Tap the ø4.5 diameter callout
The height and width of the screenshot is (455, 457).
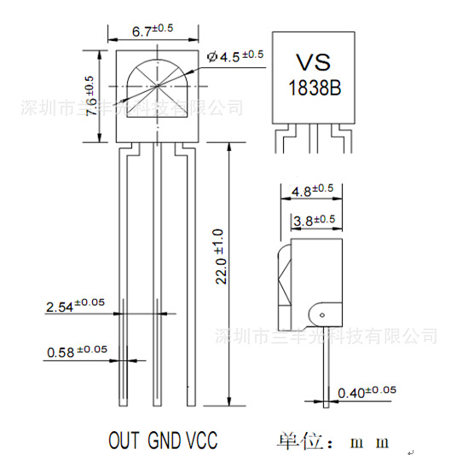235,57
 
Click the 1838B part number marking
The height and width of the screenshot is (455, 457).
312,88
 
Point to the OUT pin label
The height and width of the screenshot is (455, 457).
124,441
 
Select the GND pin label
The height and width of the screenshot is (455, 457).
165,441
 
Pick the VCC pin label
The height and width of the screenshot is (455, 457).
201,441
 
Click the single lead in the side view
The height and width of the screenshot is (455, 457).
325,366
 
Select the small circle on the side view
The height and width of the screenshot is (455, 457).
325,314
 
